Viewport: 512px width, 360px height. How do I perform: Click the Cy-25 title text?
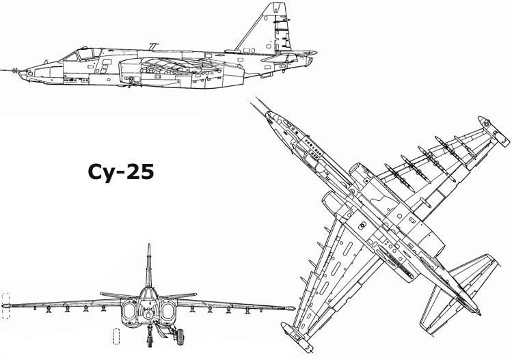click(120, 172)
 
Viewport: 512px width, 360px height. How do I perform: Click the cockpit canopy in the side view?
click(83, 54)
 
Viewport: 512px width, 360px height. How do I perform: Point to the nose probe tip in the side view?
click(1, 70)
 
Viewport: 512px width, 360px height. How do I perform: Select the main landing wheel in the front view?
click(180, 337)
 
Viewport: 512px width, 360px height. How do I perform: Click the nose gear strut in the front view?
click(150, 335)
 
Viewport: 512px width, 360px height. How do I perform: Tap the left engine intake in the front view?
click(130, 311)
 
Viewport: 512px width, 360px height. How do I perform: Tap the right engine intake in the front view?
click(168, 311)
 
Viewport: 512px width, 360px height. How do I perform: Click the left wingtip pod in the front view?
click(6, 306)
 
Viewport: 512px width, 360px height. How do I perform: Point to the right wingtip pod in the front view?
click(291, 308)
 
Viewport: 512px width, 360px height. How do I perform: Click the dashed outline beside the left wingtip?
click(6, 306)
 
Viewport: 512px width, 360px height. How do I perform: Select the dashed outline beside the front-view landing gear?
click(116, 337)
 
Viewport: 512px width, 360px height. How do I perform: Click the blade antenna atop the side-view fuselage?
click(153, 46)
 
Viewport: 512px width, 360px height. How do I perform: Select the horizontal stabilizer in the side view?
click(289, 55)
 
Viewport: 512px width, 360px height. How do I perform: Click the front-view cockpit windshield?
click(149, 294)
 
